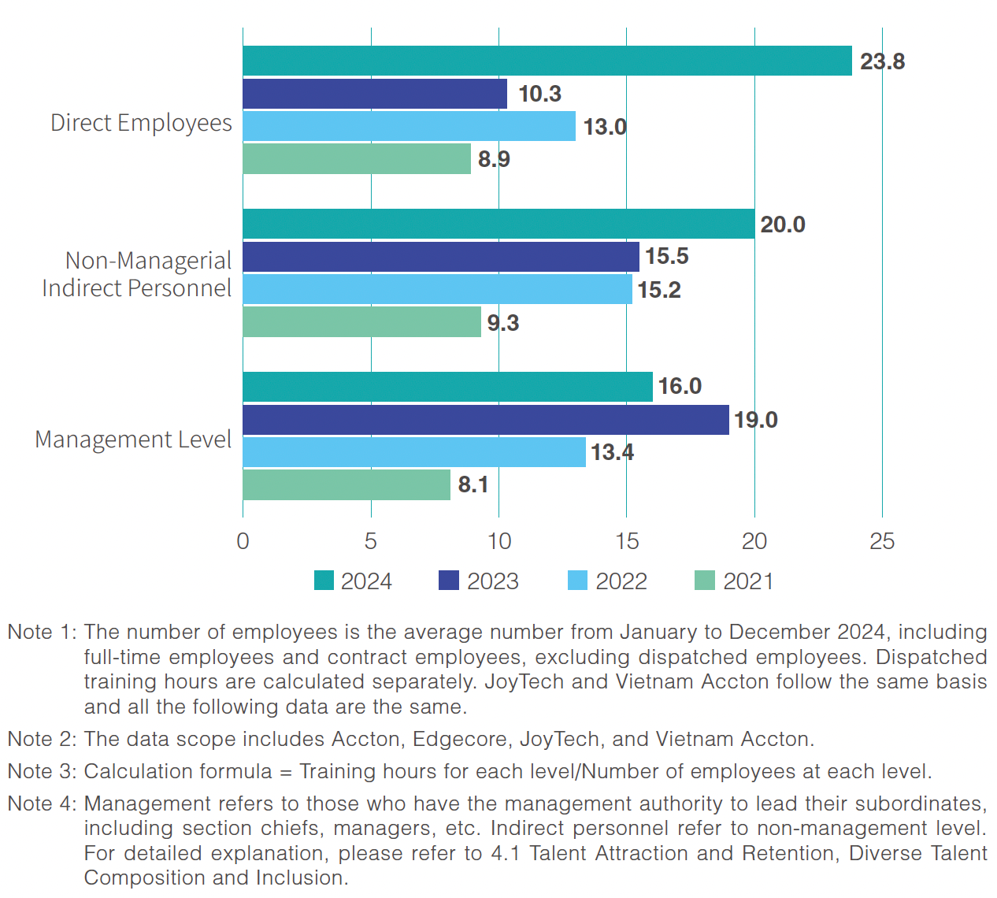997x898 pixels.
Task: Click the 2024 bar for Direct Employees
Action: (x=547, y=61)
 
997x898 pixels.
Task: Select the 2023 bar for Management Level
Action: (x=485, y=420)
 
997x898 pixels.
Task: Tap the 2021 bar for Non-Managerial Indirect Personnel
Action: (x=361, y=322)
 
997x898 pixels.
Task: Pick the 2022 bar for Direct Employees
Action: (x=409, y=126)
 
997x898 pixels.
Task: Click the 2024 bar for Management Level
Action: (x=447, y=387)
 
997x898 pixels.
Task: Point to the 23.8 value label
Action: (x=882, y=61)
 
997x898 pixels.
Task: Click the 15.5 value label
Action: (x=666, y=256)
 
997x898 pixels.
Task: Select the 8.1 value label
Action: (x=473, y=484)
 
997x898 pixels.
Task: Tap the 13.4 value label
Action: (x=612, y=452)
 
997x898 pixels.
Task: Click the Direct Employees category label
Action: (x=141, y=123)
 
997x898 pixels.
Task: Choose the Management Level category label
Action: (x=133, y=440)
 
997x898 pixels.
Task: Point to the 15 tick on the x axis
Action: (x=626, y=541)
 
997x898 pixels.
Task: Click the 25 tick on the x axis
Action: (x=882, y=541)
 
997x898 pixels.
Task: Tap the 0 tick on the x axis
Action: (x=243, y=541)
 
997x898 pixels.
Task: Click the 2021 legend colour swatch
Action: (x=704, y=581)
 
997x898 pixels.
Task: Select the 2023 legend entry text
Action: (x=492, y=581)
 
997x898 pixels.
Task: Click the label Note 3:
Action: (x=42, y=771)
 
